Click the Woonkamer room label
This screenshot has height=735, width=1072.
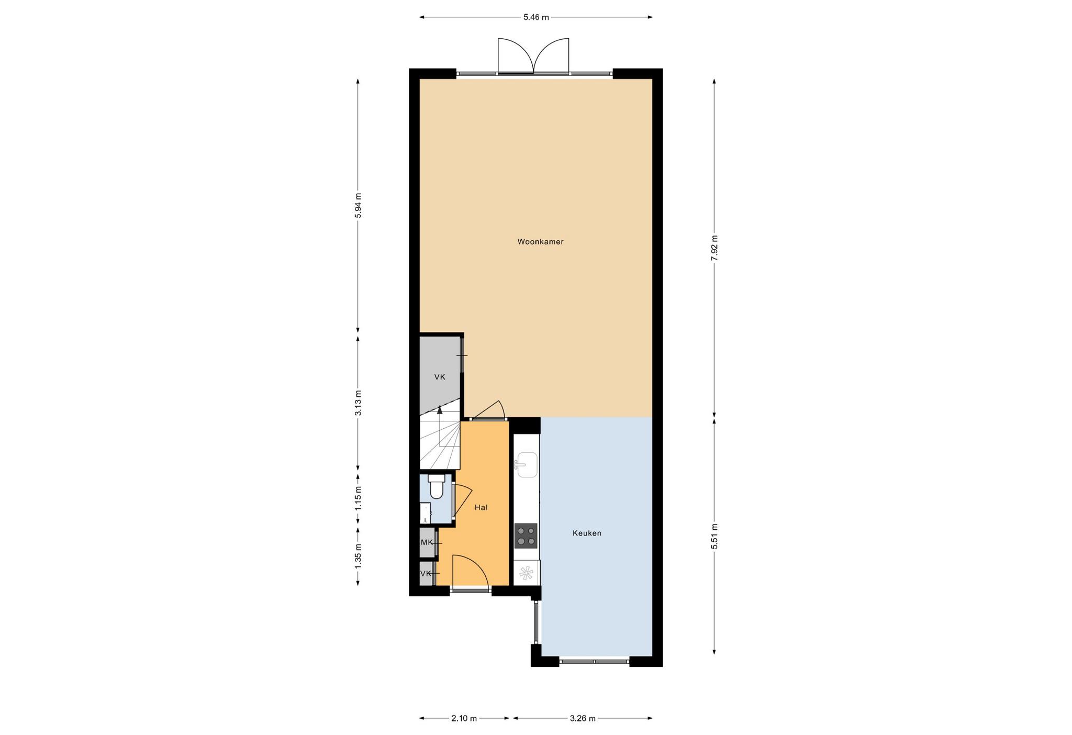[540, 242]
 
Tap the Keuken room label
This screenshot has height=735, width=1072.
[587, 533]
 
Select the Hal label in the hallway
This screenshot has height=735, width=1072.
[481, 507]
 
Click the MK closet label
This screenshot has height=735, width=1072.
[427, 542]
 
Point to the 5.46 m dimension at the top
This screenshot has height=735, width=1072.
[536, 17]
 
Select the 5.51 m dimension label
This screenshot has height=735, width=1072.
[714, 537]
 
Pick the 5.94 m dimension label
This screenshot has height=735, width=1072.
[358, 206]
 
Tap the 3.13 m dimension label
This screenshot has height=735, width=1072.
[358, 403]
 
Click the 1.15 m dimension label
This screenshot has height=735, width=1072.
[358, 499]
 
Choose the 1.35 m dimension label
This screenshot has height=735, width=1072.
[358, 556]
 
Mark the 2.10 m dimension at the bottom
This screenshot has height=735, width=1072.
[464, 718]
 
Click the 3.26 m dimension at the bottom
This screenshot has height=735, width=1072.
[583, 718]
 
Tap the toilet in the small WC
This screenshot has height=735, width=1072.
[435, 486]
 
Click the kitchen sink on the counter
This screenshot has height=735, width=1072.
[527, 465]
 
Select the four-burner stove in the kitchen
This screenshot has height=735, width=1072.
[526, 536]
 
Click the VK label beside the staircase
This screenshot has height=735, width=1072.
[440, 377]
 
